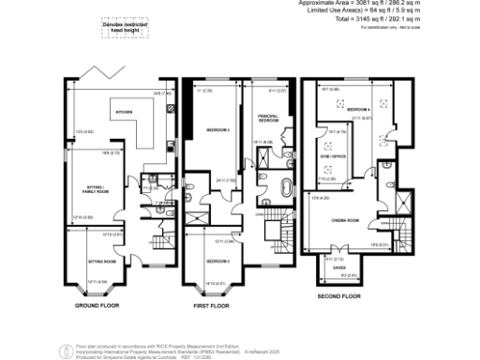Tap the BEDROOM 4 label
(x=358, y=111)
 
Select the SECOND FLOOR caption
(x=339, y=296)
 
